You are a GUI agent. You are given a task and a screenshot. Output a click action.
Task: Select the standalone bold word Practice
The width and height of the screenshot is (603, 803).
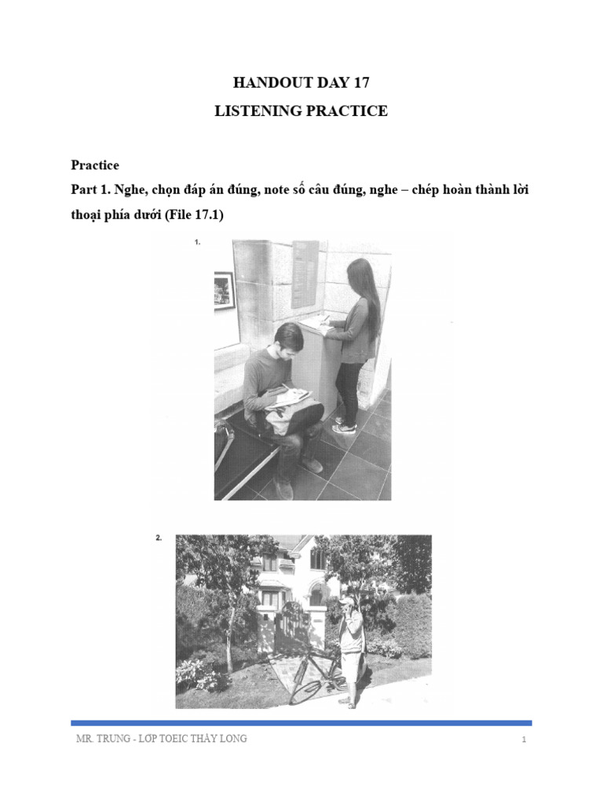click(95, 165)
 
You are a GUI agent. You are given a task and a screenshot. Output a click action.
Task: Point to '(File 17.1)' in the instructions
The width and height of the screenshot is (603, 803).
click(192, 216)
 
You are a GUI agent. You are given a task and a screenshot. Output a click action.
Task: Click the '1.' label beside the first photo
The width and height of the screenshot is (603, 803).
click(197, 243)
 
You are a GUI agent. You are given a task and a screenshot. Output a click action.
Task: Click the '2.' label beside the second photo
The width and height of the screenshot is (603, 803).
click(159, 538)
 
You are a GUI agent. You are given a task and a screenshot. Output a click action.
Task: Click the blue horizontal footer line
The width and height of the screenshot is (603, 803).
click(301, 722)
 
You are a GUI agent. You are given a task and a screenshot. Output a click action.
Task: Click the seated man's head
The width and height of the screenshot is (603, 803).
click(287, 339)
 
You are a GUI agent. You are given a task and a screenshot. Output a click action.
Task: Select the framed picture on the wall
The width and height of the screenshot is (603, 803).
click(225, 291)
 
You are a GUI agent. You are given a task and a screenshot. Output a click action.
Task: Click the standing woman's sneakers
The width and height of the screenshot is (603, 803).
click(344, 425)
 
